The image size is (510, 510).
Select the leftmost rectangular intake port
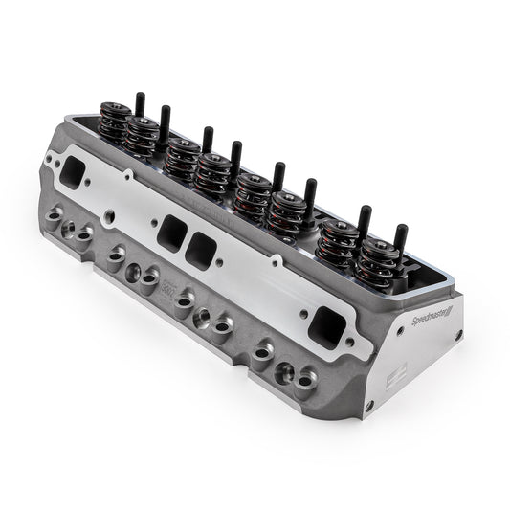(70, 171)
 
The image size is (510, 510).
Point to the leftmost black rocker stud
(140, 102)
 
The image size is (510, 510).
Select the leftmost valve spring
(115, 124)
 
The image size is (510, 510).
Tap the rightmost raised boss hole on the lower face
(305, 381)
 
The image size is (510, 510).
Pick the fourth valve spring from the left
(212, 172)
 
